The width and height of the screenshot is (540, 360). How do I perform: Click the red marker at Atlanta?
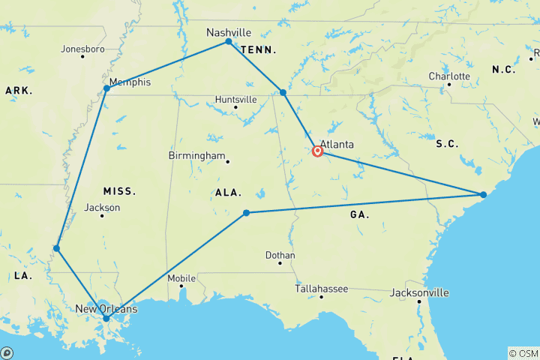point(318,151)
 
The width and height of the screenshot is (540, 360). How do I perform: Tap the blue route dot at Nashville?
point(229,42)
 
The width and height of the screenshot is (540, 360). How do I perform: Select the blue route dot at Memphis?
point(107,88)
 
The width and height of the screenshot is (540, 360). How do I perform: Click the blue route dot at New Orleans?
point(106,318)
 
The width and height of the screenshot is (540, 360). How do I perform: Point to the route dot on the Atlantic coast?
point(484,195)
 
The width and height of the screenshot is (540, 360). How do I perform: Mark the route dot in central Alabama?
point(246,213)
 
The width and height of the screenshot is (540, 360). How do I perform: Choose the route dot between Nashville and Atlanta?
point(283,92)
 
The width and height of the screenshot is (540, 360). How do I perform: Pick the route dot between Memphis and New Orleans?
point(56,247)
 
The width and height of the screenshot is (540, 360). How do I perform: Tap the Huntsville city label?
point(235,99)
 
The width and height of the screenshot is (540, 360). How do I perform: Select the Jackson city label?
point(103,208)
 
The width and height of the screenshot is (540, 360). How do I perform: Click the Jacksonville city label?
point(419,292)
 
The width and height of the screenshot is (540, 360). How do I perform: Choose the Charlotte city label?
point(449,76)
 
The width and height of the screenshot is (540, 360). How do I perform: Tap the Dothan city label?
point(280,255)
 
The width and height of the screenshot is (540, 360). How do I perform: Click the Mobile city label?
point(181,278)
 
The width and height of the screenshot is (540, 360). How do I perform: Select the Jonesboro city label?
point(82,49)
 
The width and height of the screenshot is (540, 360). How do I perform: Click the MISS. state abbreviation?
point(118,191)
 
